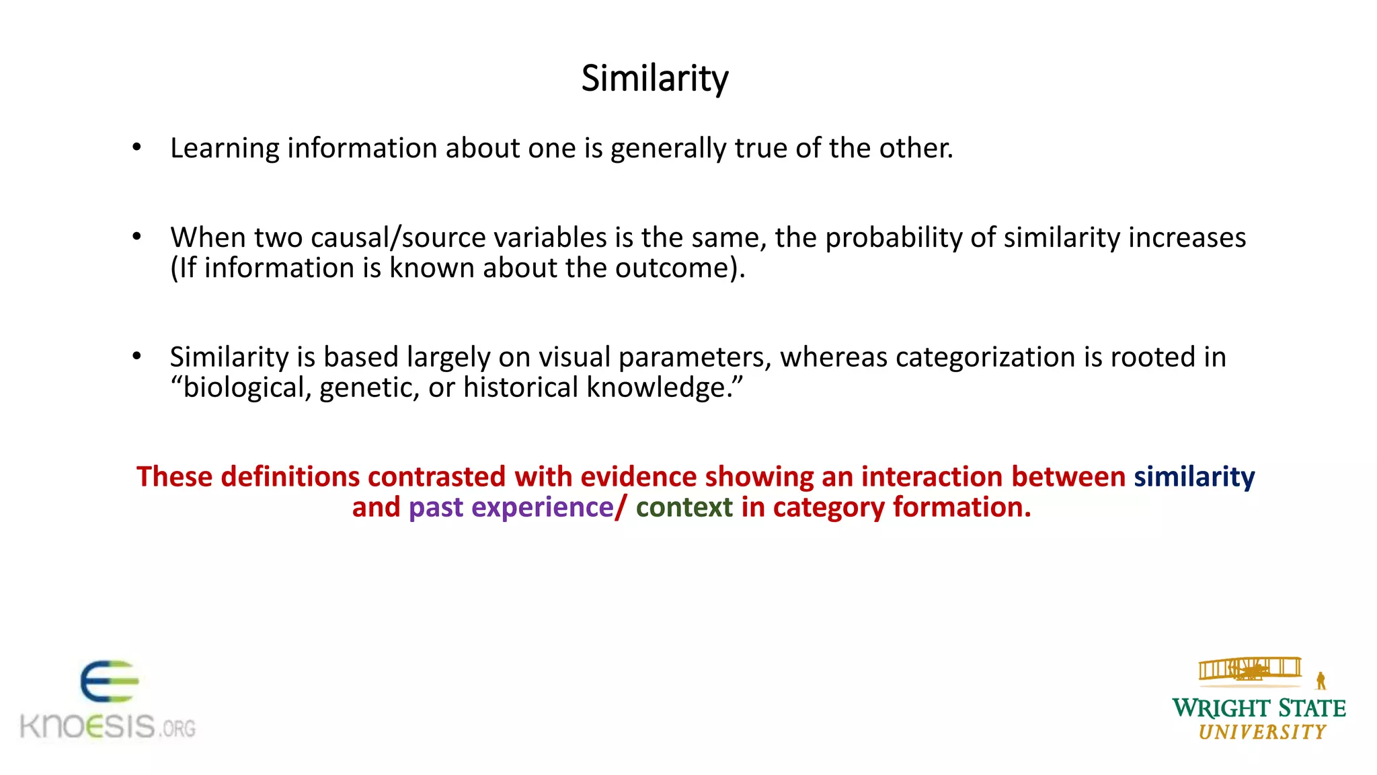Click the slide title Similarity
click(x=654, y=79)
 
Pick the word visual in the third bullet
click(x=574, y=357)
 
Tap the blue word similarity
click(x=1194, y=477)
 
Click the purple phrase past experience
click(x=511, y=507)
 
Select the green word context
click(x=684, y=507)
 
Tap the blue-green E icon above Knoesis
click(x=109, y=681)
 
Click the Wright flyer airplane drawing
click(x=1249, y=670)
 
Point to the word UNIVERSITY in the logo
click(x=1262, y=732)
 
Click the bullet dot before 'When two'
click(x=137, y=236)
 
